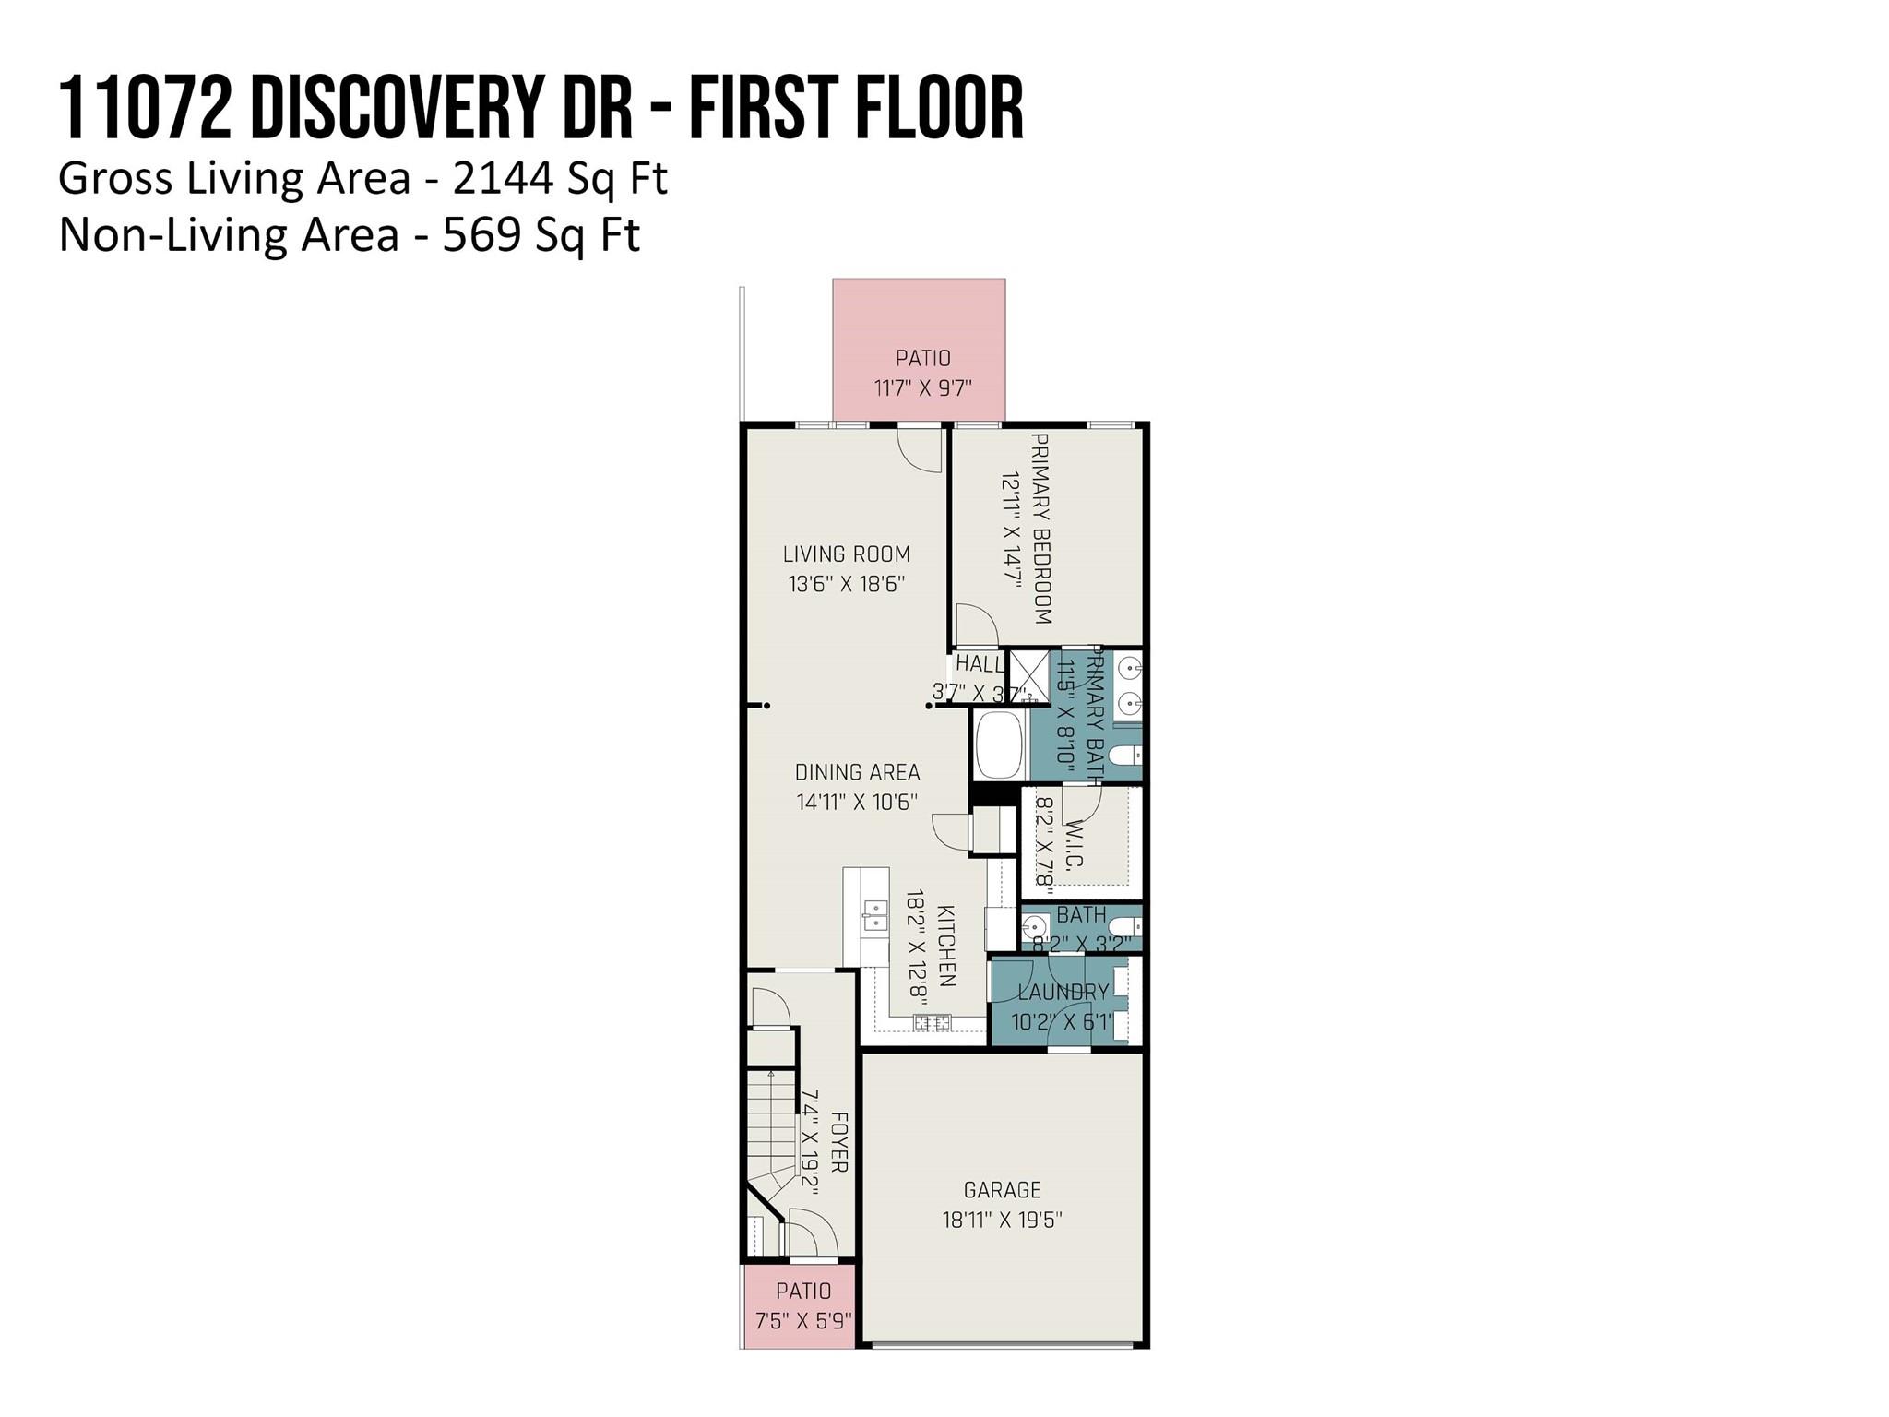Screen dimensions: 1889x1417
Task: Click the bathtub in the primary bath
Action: pyautogui.click(x=999, y=744)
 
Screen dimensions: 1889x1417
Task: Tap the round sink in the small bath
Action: pyautogui.click(x=1037, y=926)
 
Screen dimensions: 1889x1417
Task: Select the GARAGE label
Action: pyautogui.click(x=1002, y=1189)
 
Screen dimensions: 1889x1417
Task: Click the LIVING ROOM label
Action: pyautogui.click(x=847, y=554)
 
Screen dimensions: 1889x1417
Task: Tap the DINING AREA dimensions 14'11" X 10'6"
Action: pyautogui.click(x=857, y=802)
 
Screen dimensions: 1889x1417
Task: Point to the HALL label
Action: pyautogui.click(x=980, y=663)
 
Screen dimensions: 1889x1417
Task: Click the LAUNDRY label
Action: pyautogui.click(x=1063, y=992)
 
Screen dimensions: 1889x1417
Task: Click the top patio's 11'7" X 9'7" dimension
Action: pyautogui.click(x=923, y=387)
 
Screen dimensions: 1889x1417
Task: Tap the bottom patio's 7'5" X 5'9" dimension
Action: pyautogui.click(x=802, y=1321)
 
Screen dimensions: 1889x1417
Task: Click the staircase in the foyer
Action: pyautogui.click(x=771, y=1130)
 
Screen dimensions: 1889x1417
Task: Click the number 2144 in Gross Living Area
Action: pyautogui.click(x=504, y=178)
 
